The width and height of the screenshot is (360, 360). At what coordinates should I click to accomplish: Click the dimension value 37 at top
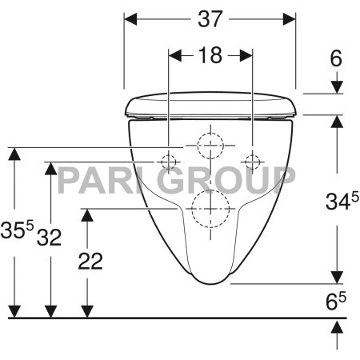(210, 19)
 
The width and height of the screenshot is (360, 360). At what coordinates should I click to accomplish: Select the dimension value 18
(210, 55)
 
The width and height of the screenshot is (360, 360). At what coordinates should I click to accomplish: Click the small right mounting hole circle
(254, 161)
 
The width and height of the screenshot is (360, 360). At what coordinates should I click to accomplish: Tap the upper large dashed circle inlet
(210, 145)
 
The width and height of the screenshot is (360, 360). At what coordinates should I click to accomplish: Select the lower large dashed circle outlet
(210, 210)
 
